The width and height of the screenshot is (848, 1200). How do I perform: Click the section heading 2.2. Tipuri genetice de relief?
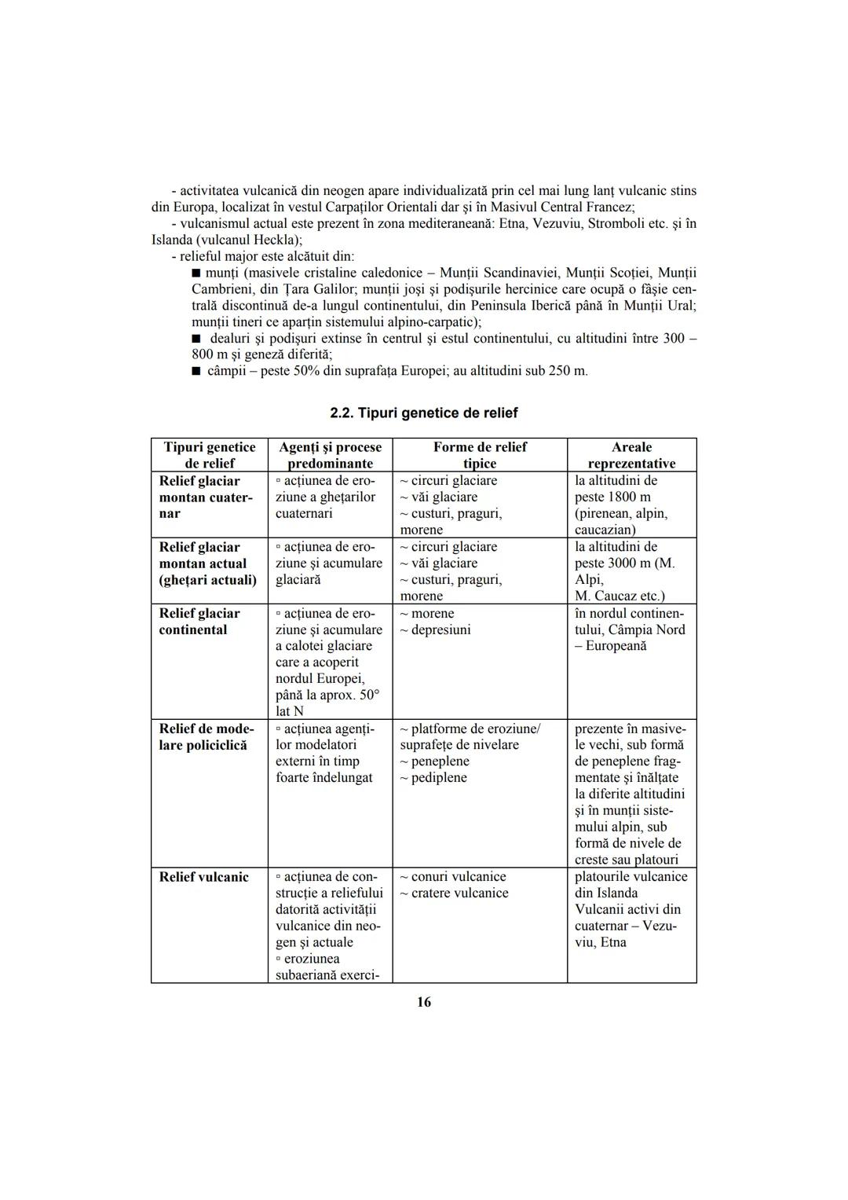point(424,413)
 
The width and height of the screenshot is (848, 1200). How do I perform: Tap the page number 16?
point(424,1002)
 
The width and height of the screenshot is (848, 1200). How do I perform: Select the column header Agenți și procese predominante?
point(330,455)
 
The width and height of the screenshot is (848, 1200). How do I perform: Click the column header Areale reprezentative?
point(631,455)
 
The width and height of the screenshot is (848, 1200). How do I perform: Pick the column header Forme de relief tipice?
point(480,455)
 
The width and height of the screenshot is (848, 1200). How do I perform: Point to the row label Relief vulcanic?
point(203,877)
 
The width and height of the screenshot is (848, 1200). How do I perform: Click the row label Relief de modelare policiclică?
point(207,737)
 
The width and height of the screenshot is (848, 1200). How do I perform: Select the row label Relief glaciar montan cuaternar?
point(206,497)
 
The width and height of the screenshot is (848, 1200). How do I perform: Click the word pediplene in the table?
point(439,778)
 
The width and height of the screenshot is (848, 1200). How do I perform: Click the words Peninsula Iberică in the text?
point(522,306)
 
